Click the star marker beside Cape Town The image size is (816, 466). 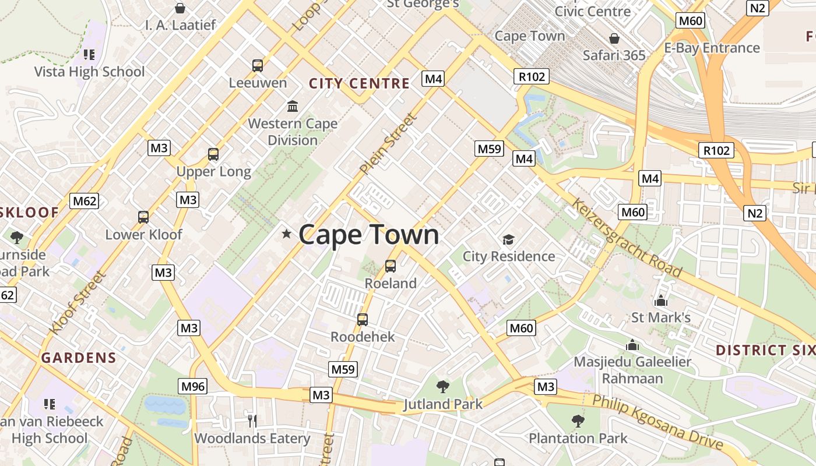(286, 234)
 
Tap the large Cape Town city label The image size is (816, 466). (368, 235)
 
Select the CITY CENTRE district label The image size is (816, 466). (359, 83)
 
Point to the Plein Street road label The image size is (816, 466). (388, 144)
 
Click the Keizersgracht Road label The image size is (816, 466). (626, 238)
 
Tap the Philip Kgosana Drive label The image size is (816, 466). (658, 422)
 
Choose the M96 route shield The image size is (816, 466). (194, 386)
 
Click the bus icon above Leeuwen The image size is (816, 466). (258, 66)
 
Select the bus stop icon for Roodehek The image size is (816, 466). (363, 320)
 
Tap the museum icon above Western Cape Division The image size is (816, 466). (293, 107)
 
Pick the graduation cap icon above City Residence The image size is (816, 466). (509, 239)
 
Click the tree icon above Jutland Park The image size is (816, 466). (443, 386)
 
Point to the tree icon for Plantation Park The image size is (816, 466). (578, 421)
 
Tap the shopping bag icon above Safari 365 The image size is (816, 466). (614, 39)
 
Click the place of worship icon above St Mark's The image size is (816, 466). (661, 301)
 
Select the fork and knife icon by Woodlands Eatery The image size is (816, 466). (252, 421)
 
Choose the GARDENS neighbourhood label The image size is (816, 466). (79, 358)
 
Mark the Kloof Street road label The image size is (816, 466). (76, 302)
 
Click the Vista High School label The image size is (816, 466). (89, 72)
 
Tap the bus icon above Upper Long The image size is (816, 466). (213, 154)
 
